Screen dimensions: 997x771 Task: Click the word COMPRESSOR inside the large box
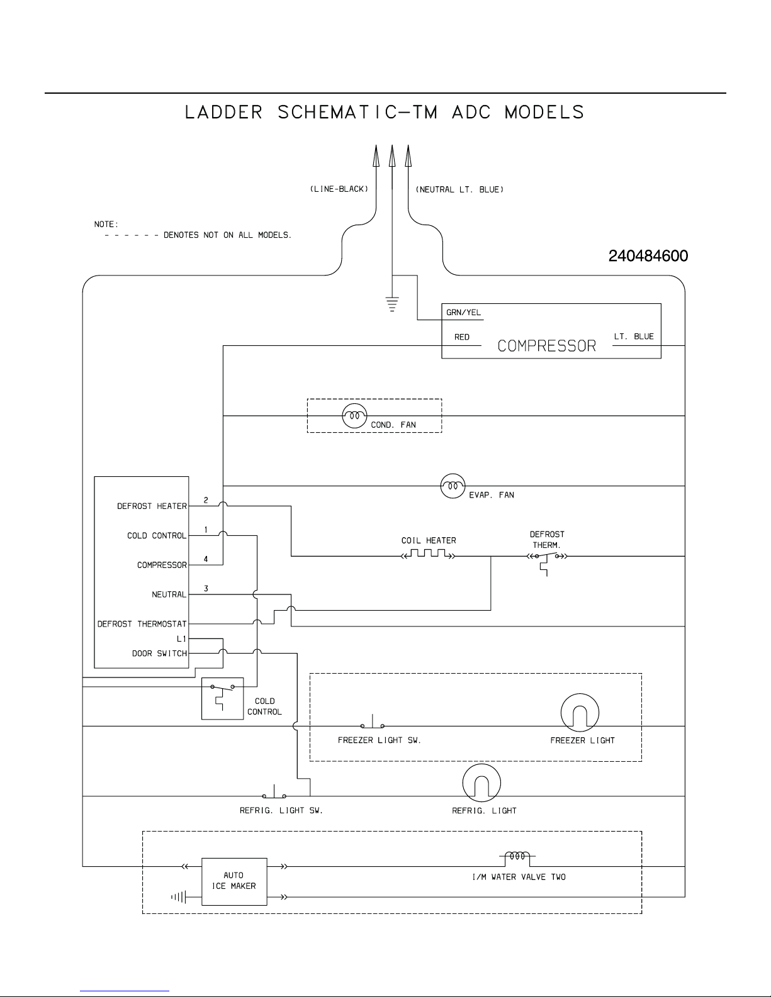(x=546, y=346)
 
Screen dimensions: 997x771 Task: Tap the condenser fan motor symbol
(x=354, y=416)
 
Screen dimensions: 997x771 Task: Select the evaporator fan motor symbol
(x=452, y=486)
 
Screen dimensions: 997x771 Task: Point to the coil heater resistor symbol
(x=428, y=554)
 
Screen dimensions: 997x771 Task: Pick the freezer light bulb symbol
(x=579, y=713)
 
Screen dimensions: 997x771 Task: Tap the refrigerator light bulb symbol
(x=481, y=783)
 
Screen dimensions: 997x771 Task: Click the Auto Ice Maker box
(x=234, y=881)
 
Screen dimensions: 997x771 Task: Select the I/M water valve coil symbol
(x=517, y=856)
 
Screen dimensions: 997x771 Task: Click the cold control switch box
(x=222, y=698)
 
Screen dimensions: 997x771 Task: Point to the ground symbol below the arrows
(x=391, y=305)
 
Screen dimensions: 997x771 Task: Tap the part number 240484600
(x=648, y=256)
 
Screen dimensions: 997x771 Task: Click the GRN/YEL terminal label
(x=464, y=313)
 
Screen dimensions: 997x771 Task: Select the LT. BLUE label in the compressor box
(x=634, y=337)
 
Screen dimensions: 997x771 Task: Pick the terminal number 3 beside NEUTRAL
(x=206, y=589)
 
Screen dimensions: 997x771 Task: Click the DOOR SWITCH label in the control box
(x=159, y=654)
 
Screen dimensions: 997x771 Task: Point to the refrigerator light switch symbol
(x=275, y=793)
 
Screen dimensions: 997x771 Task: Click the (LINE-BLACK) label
(x=339, y=189)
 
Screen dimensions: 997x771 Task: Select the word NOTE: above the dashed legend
(x=106, y=224)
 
